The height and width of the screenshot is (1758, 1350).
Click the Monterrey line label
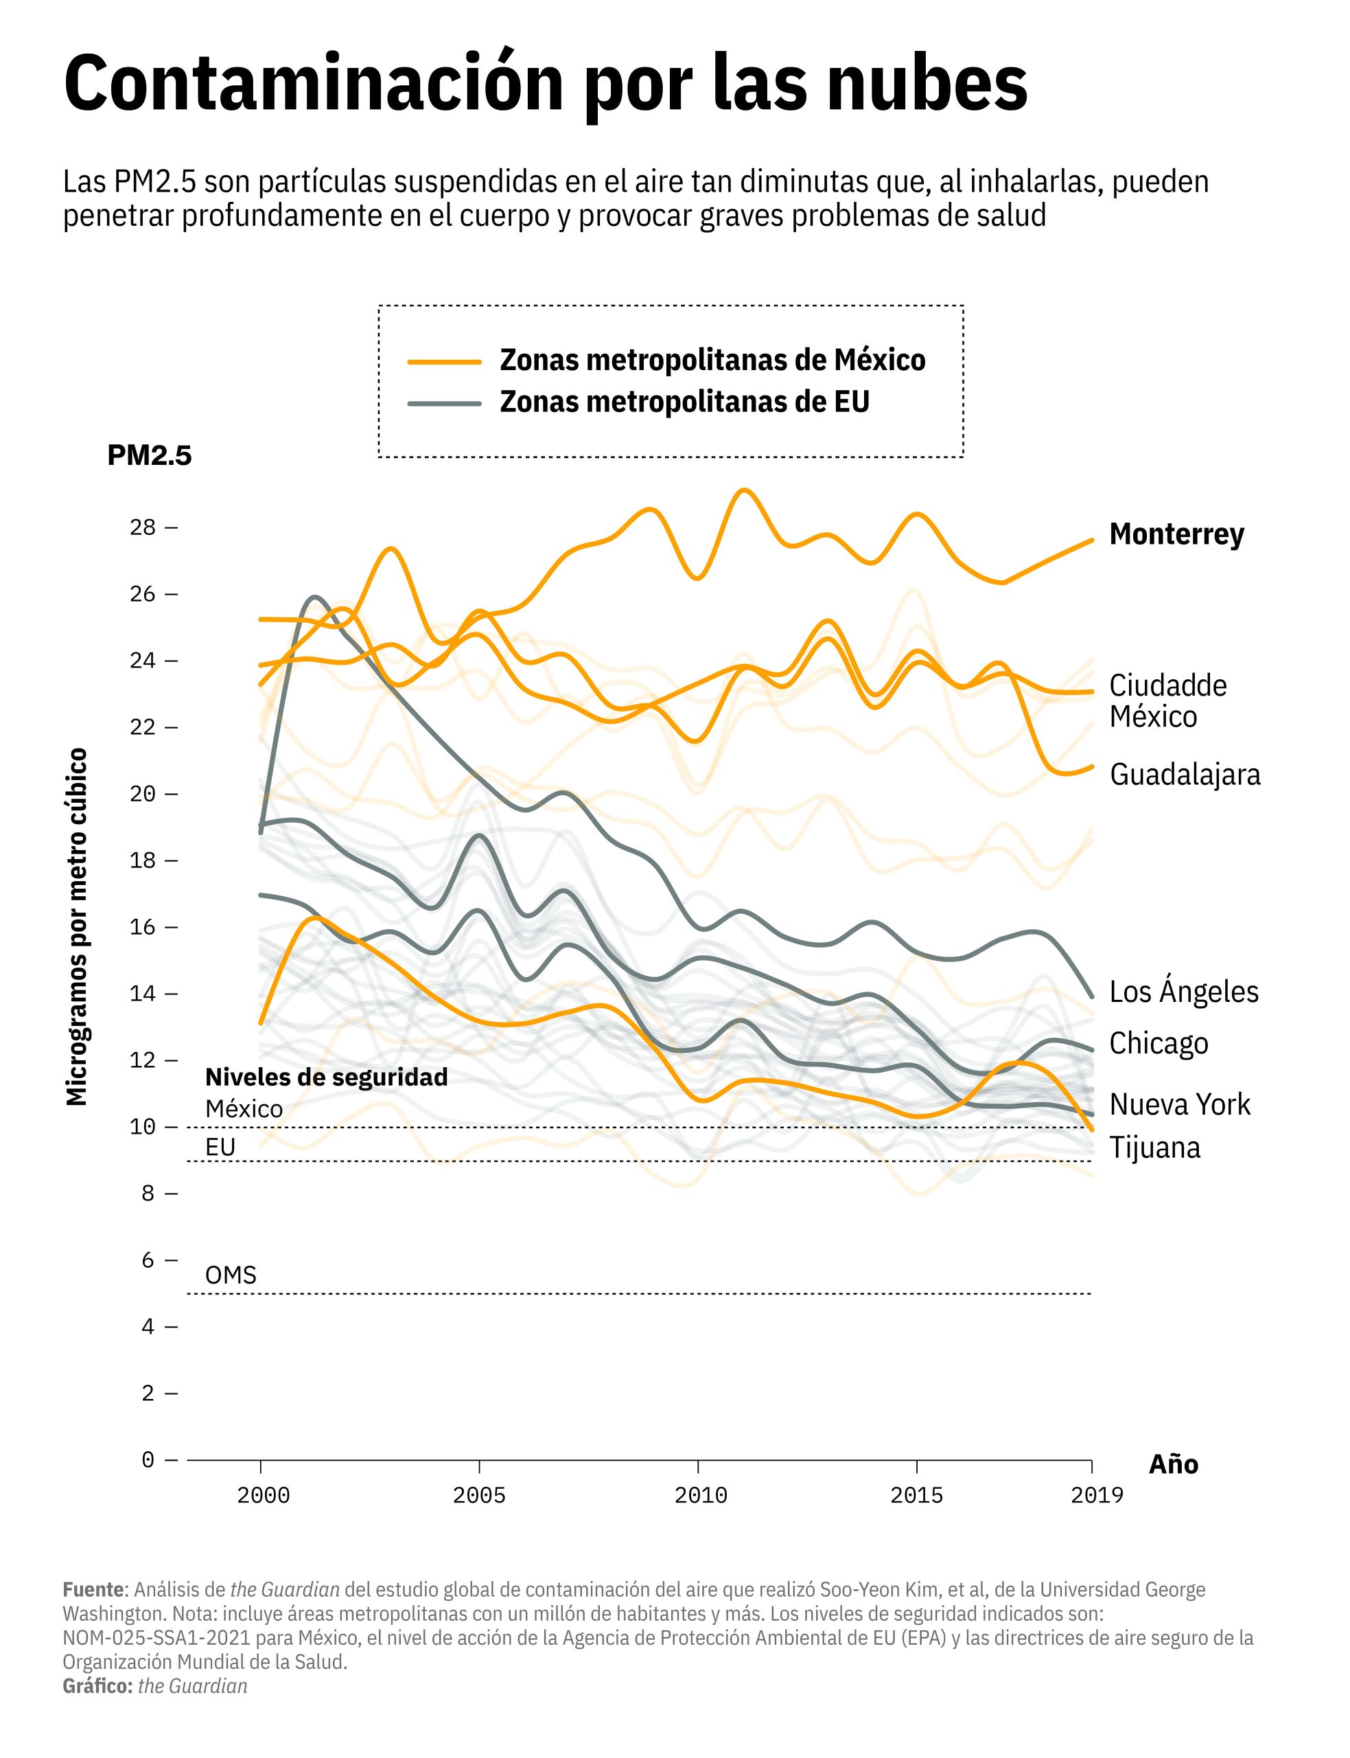[1176, 534]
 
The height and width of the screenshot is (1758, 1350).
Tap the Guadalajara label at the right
[1185, 775]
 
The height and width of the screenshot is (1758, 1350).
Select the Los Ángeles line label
[1184, 992]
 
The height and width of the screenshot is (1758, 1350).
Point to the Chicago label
[1158, 1043]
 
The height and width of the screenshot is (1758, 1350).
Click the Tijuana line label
[1154, 1148]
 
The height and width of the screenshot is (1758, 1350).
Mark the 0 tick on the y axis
[147, 1459]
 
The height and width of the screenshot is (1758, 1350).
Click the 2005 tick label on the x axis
[479, 1496]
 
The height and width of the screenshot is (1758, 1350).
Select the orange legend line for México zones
[444, 362]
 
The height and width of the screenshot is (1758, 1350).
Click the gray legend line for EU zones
[444, 402]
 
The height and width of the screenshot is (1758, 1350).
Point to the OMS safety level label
[231, 1276]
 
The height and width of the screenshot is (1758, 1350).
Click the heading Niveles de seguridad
[326, 1077]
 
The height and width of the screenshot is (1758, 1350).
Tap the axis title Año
[1173, 1465]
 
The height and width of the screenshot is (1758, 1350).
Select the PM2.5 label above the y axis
[150, 456]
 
